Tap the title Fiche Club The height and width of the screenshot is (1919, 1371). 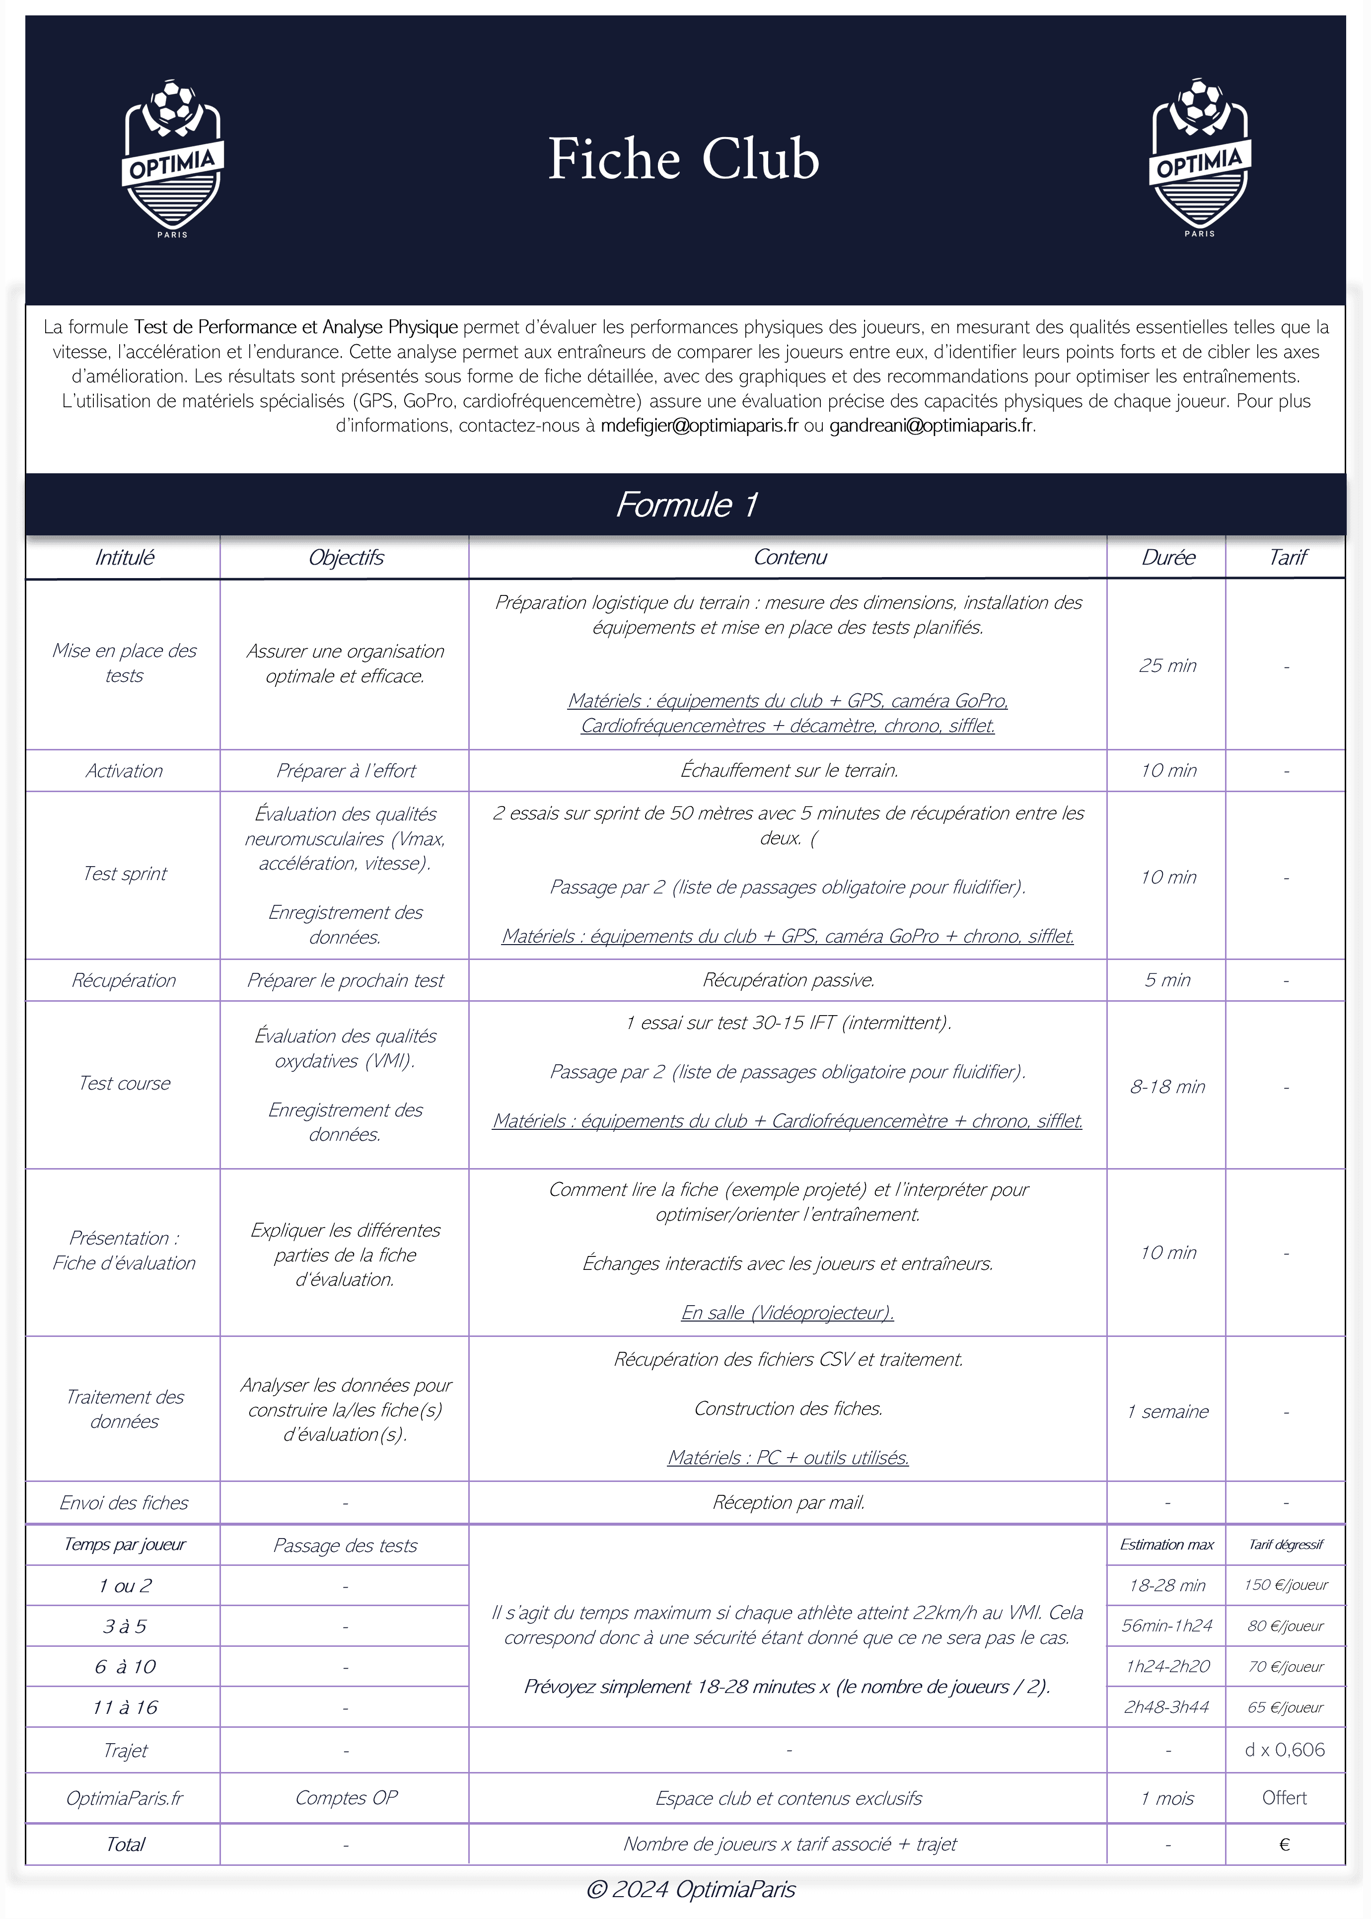684,159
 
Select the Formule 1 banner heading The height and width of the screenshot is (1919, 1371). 685,505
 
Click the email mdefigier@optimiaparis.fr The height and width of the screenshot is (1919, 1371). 699,426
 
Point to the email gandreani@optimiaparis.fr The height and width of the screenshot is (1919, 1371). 931,426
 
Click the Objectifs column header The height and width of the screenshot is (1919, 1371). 345,557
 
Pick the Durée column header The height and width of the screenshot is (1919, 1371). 1167,557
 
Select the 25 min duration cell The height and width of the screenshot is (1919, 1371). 1167,665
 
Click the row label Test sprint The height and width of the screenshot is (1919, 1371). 124,874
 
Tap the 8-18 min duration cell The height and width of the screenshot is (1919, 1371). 1167,1087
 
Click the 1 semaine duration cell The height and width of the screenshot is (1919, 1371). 1167,1411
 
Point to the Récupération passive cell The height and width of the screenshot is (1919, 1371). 789,980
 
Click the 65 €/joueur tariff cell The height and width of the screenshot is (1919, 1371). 1285,1706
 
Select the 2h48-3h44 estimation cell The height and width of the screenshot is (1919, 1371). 1167,1706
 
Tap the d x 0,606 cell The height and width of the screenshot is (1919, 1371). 1285,1749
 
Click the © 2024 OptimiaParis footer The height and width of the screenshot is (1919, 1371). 691,1890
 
